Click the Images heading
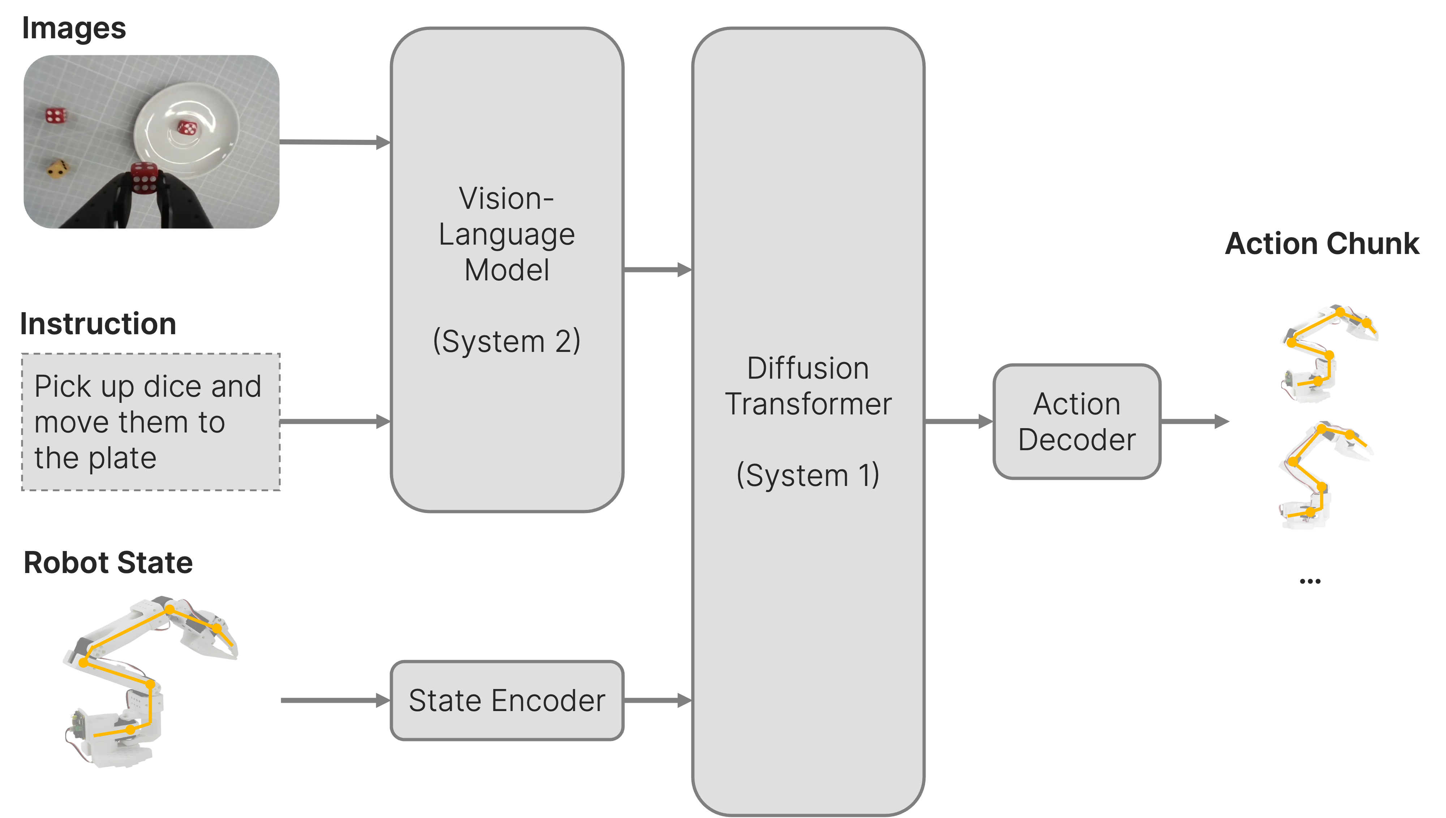(x=74, y=28)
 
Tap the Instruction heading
(x=98, y=324)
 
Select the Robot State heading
(x=108, y=563)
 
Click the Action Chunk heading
(x=1322, y=244)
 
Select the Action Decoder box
(x=1076, y=421)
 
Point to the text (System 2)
(x=506, y=341)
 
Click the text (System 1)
(x=808, y=475)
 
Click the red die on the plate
(x=187, y=128)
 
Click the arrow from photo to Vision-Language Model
(x=334, y=142)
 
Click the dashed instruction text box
(x=151, y=422)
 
